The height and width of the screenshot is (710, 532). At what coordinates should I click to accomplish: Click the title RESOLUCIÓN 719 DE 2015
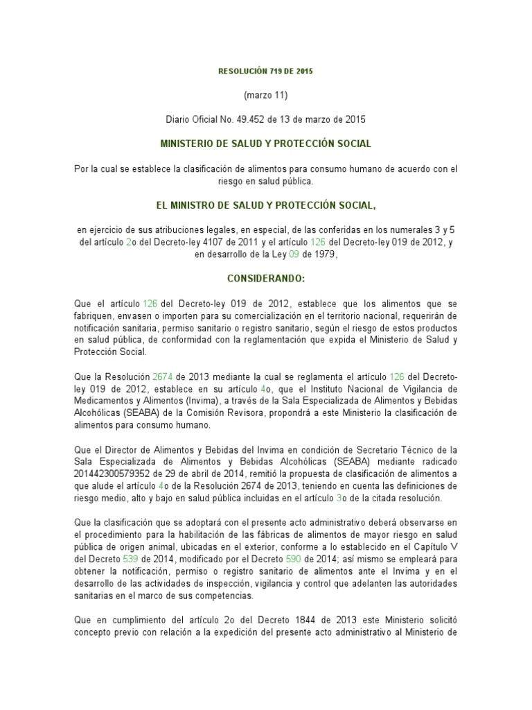click(x=266, y=71)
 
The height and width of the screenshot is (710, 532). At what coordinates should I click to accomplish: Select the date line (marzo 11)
click(x=266, y=95)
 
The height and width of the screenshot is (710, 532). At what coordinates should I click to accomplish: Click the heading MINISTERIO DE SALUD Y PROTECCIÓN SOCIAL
click(x=266, y=144)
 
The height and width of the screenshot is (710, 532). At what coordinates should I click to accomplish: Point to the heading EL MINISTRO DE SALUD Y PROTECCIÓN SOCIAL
click(x=266, y=205)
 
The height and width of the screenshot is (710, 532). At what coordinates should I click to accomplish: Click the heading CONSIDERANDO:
click(x=266, y=278)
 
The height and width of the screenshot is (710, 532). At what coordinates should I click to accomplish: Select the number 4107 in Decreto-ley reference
click(x=227, y=242)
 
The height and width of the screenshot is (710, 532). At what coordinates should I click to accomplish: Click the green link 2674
click(x=161, y=376)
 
